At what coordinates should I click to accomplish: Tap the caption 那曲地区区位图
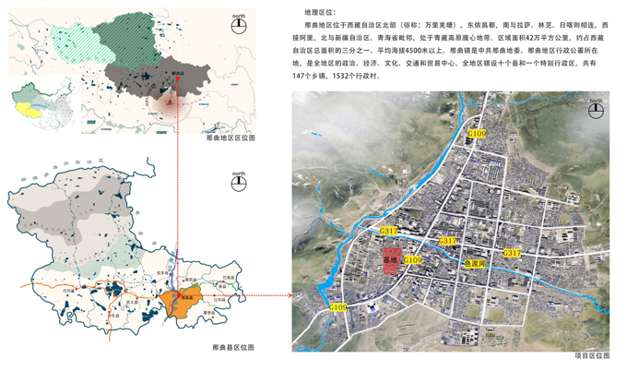231,138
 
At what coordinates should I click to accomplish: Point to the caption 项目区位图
590,354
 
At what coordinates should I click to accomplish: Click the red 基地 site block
390,261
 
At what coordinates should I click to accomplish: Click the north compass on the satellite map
596,109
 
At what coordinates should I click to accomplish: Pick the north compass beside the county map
239,182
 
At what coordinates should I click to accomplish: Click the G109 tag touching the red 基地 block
411,261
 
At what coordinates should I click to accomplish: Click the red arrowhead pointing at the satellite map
289,295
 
